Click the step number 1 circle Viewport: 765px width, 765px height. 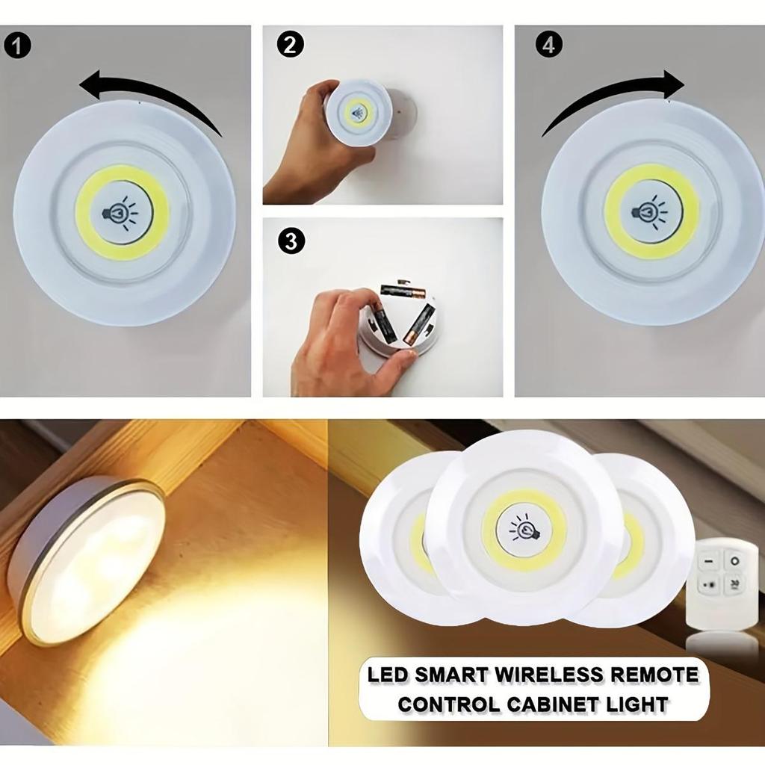click(18, 46)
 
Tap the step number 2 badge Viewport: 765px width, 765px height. click(291, 45)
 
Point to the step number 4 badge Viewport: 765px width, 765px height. click(549, 45)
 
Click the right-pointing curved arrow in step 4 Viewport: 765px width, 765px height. click(613, 97)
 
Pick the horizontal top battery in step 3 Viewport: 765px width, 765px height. click(402, 290)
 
